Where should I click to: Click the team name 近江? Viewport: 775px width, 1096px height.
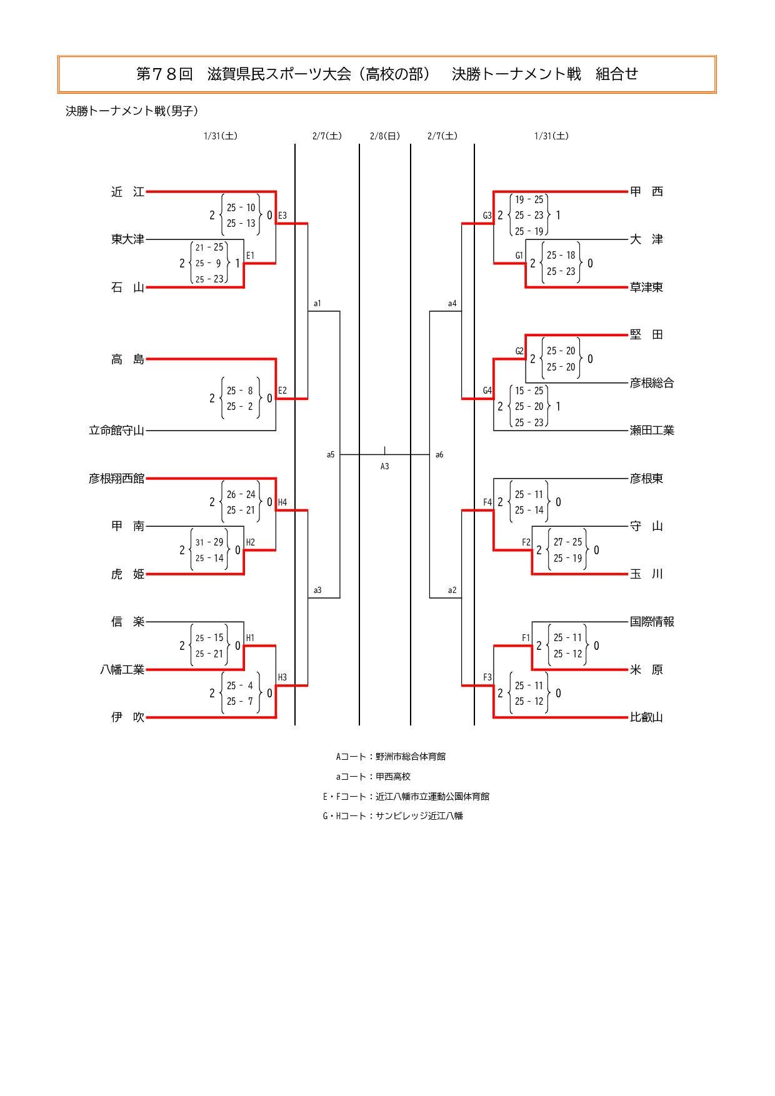[127, 192]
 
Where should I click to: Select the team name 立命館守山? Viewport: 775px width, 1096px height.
[116, 431]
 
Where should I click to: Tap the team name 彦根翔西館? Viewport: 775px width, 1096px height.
[116, 479]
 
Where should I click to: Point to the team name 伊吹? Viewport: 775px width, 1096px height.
[127, 717]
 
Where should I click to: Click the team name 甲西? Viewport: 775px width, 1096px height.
[646, 192]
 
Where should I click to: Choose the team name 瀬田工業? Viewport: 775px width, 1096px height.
[652, 431]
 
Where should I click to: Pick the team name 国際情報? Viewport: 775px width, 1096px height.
[652, 622]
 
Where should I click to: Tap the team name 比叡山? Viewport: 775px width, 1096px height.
[646, 717]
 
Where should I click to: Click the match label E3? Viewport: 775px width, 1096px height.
[282, 216]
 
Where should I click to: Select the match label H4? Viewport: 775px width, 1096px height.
[282, 502]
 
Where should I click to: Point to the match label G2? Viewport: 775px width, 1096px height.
[519, 351]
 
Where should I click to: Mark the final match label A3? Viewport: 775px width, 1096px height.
[385, 466]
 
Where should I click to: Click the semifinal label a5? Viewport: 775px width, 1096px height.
[331, 455]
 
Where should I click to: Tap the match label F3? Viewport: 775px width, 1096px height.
[487, 677]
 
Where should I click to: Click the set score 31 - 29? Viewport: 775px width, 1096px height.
[209, 542]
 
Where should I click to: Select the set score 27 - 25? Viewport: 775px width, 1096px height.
[567, 542]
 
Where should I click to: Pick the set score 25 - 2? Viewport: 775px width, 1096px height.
[240, 407]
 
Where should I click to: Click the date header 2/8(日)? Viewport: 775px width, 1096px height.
[385, 136]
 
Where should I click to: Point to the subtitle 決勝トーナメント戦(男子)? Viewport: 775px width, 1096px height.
[132, 111]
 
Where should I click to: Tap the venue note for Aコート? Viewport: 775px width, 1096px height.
[391, 757]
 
